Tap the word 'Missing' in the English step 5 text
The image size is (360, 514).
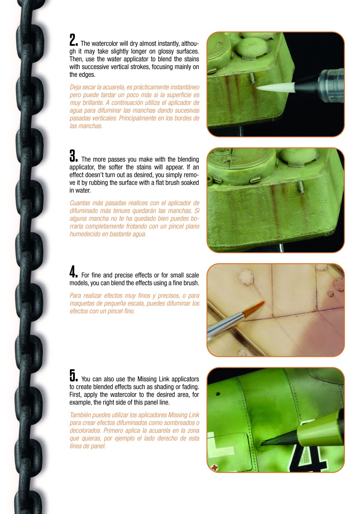coord(146,379)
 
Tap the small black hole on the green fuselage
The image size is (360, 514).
coord(218,394)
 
